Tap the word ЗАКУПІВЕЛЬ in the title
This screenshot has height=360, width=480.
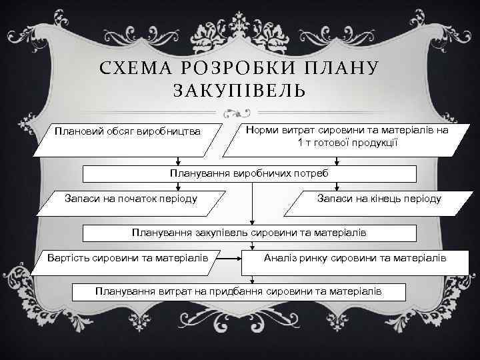tap(239, 90)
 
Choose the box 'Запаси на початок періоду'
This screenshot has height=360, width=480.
tap(130, 200)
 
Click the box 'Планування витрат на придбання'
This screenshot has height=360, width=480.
tap(239, 291)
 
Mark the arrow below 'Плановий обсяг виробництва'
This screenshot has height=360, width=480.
tap(179, 159)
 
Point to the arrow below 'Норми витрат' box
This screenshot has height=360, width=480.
tap(336, 159)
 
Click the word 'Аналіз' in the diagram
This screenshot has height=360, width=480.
tap(281, 257)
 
